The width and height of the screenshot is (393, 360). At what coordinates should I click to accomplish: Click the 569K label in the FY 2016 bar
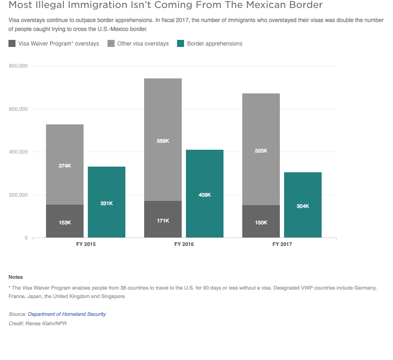[163, 141]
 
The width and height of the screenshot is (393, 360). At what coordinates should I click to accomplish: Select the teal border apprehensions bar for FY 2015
[107, 202]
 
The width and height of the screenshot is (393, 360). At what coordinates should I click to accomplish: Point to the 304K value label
[303, 206]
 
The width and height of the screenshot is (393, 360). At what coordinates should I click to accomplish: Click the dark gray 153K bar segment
[65, 221]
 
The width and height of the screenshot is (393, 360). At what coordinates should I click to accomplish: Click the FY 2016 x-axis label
[184, 245]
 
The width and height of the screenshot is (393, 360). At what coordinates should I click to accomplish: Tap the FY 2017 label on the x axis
[282, 245]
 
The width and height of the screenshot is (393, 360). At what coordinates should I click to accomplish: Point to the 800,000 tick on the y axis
[19, 66]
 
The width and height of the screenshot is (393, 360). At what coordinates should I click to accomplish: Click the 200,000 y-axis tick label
[19, 195]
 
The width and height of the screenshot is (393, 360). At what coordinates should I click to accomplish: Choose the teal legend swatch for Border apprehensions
[180, 44]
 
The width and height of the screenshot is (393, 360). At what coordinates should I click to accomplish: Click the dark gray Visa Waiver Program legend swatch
[12, 44]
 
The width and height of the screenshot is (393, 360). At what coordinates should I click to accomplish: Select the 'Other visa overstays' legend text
[143, 44]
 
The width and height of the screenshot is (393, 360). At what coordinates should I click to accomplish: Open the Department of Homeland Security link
[67, 314]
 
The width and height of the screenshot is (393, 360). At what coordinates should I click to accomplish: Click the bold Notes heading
[15, 277]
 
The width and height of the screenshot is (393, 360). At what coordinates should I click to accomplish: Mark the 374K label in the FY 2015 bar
[65, 165]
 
